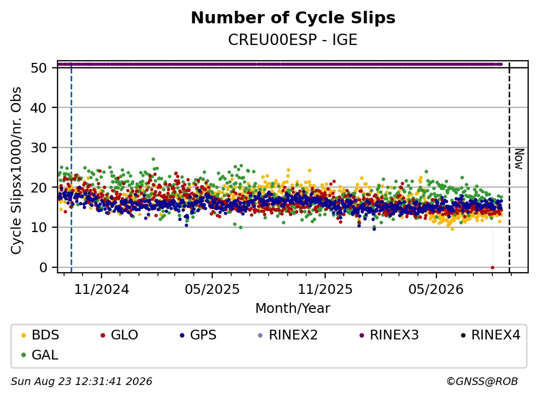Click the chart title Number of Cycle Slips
(x=293, y=18)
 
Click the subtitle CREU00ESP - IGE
(x=293, y=40)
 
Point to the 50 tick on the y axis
(x=39, y=68)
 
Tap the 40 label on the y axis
(x=39, y=108)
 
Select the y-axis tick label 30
(x=39, y=147)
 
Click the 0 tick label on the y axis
(x=43, y=267)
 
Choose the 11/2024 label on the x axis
(x=102, y=290)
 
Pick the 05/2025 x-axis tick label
(x=212, y=290)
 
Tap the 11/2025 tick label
(x=325, y=290)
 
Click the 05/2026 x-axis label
(x=436, y=290)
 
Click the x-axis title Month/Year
(x=293, y=309)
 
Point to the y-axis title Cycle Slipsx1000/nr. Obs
(x=16, y=171)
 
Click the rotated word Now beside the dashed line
(x=519, y=159)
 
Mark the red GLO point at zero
(x=493, y=267)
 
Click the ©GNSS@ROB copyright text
(x=482, y=381)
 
